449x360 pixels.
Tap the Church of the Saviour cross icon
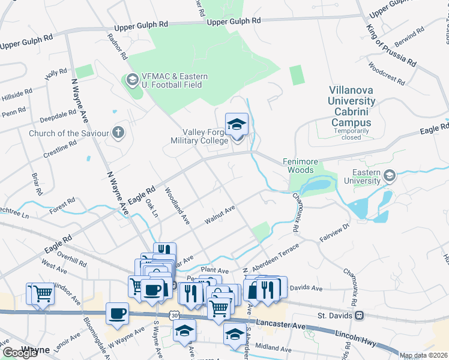119,133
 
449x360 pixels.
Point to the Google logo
20,353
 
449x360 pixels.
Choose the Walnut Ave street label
219,214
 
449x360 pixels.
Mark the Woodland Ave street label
178,206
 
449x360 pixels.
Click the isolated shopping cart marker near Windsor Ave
41,295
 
